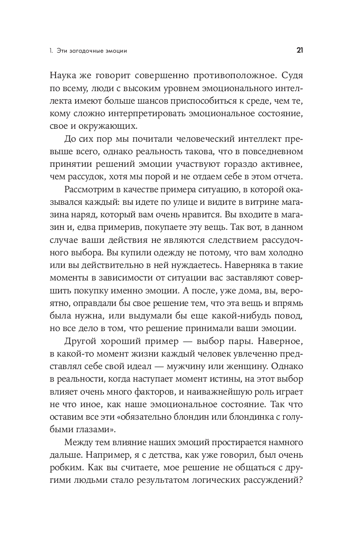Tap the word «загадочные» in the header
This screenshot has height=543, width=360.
(x=87, y=51)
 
